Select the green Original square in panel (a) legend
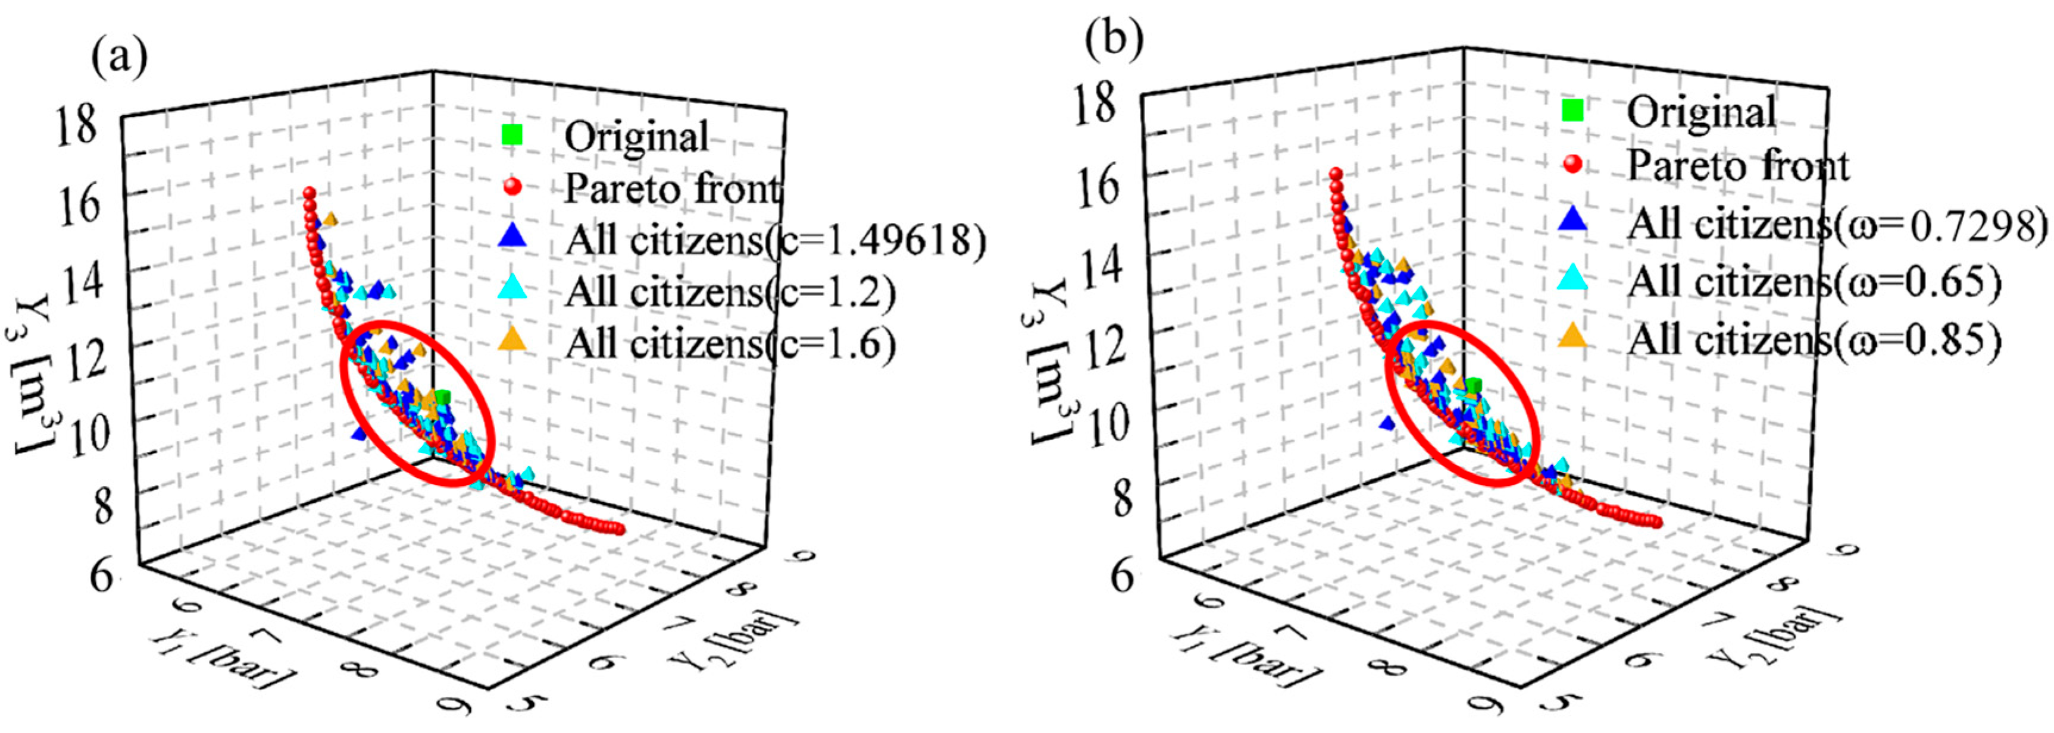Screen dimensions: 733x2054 pyautogui.click(x=512, y=134)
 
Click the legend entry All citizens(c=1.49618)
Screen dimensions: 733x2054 pyautogui.click(x=773, y=239)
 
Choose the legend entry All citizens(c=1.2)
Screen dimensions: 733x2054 pyautogui.click(x=730, y=292)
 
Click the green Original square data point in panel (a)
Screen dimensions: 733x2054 pyautogui.click(x=443, y=396)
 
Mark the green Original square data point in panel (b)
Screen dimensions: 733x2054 pyautogui.click(x=1474, y=386)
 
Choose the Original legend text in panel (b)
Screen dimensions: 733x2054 pyautogui.click(x=1701, y=112)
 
